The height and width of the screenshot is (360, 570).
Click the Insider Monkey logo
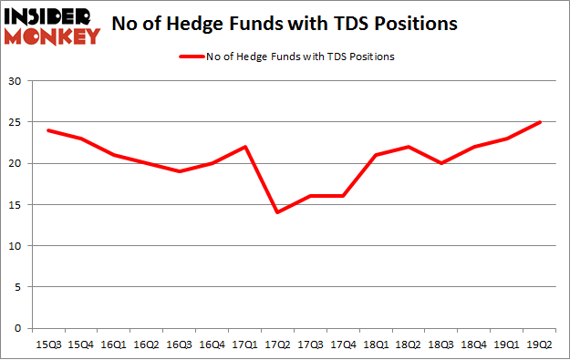(53, 25)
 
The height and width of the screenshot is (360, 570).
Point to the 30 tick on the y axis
(16, 82)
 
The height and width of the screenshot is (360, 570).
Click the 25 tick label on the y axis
(16, 123)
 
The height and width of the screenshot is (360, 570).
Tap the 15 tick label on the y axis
(16, 205)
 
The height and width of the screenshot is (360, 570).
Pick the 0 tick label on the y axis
(18, 328)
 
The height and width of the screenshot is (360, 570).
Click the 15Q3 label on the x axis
(47, 345)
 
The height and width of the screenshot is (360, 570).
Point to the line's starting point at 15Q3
(47, 131)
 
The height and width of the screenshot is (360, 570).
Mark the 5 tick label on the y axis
(18, 287)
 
